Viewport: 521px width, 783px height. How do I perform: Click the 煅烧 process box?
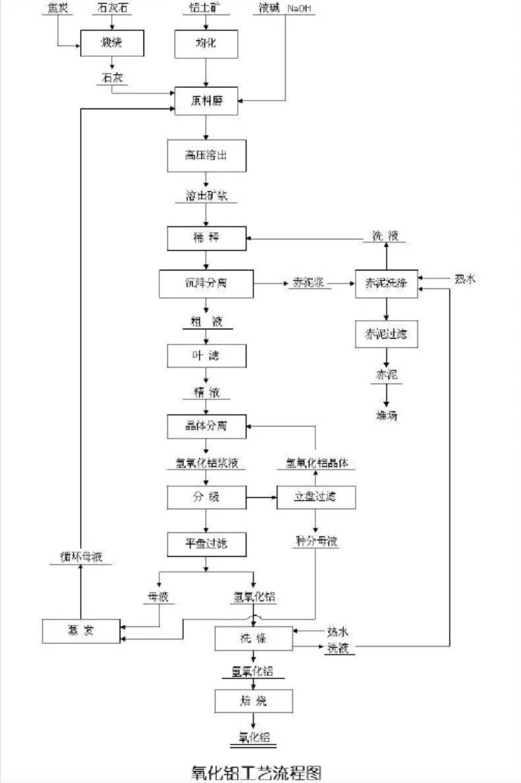(112, 44)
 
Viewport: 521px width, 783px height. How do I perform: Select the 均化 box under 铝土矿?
(208, 44)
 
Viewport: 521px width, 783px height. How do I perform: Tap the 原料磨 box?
(208, 100)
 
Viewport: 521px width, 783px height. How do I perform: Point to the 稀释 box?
(207, 238)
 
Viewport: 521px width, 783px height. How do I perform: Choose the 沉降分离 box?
(207, 283)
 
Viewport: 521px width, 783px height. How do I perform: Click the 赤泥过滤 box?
(387, 334)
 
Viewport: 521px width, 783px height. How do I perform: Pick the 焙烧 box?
(253, 700)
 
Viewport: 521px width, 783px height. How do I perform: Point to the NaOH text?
(299, 7)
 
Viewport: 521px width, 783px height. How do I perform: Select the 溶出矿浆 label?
(207, 196)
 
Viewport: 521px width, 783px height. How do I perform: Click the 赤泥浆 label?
(307, 283)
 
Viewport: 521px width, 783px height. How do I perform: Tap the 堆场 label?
(387, 415)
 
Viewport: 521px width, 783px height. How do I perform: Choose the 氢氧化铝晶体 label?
(316, 464)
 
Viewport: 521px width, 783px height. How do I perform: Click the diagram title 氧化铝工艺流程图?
(257, 771)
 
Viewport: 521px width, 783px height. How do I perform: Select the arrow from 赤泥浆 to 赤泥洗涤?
(342, 283)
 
